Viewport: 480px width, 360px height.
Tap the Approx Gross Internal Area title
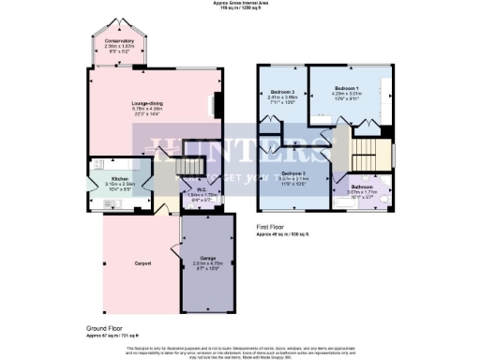coord(241,4)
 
